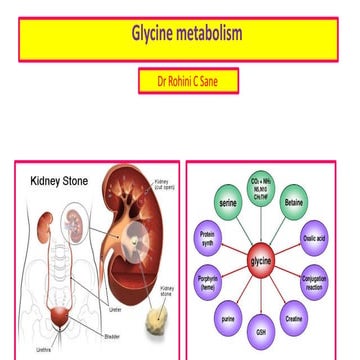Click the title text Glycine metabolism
point(187,35)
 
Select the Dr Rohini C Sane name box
point(188,81)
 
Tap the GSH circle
point(261,331)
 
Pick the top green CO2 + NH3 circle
point(260,185)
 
